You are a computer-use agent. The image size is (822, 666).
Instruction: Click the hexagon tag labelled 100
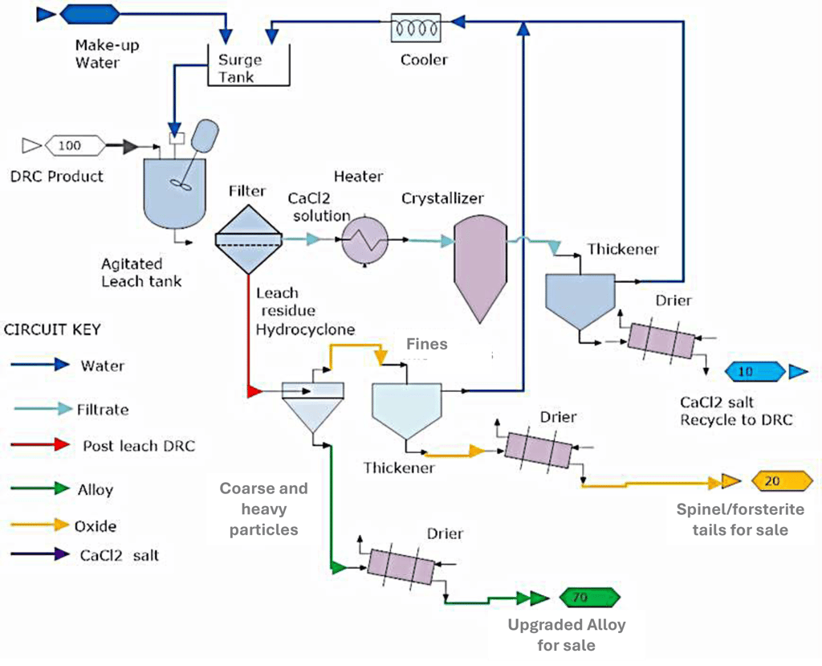point(75,145)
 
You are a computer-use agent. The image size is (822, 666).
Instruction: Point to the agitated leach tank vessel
point(174,190)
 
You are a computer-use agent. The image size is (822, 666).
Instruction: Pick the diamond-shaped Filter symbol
point(249,237)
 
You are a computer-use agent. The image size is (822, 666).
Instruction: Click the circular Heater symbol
point(364,239)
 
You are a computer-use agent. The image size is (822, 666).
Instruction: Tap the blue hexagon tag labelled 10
point(755,371)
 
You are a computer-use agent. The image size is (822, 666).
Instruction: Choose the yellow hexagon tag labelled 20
point(782,481)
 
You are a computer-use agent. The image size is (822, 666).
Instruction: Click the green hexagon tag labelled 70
point(590,598)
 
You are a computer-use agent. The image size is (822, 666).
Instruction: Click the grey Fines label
point(426,344)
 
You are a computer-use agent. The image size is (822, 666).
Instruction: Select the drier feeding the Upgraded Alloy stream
point(400,567)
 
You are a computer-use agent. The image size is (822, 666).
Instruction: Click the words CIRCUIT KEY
point(53,330)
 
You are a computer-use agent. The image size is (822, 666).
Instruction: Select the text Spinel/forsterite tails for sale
point(740,519)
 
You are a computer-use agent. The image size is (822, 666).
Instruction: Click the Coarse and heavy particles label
point(264,509)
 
